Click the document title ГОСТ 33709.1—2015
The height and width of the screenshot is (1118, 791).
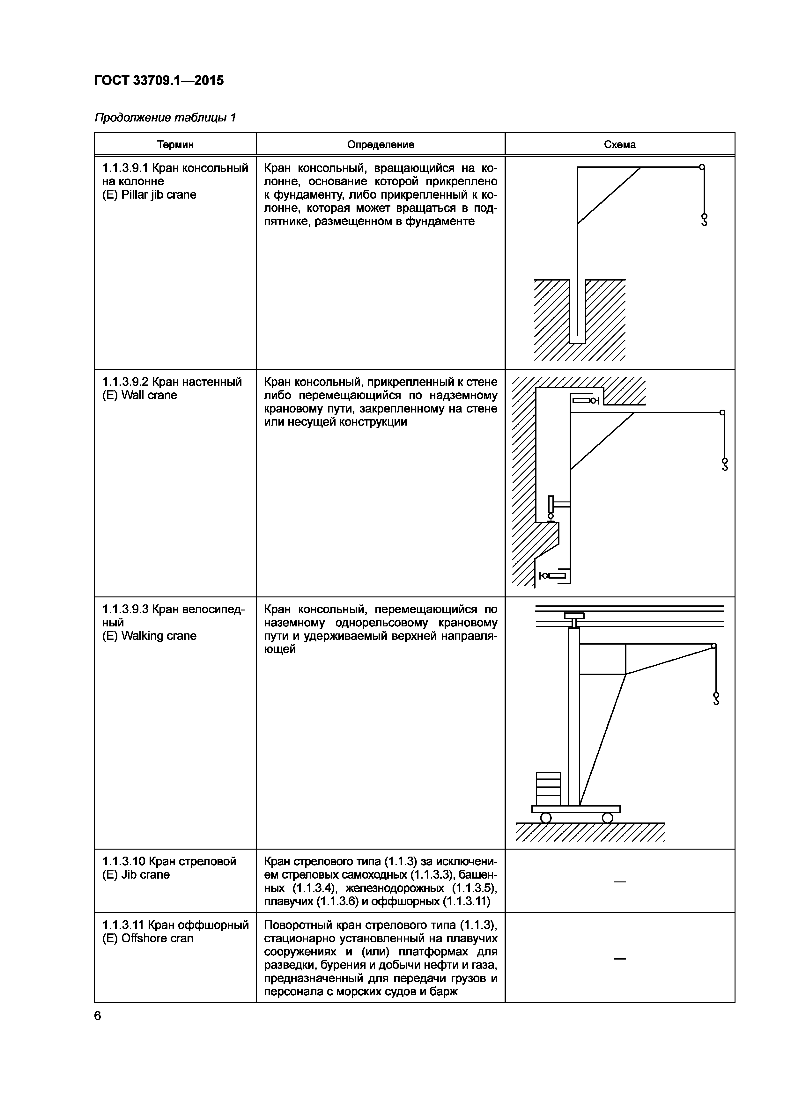click(x=159, y=80)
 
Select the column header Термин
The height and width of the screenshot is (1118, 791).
click(x=175, y=145)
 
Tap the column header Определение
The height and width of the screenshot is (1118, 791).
click(x=381, y=145)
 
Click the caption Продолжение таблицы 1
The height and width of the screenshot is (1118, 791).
click(x=165, y=117)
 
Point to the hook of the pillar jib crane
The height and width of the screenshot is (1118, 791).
click(x=704, y=220)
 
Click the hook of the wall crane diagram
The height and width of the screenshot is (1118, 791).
click(x=725, y=464)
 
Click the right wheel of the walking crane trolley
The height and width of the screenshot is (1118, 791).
click(x=607, y=818)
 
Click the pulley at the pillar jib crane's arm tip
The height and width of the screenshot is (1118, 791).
click(x=702, y=167)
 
